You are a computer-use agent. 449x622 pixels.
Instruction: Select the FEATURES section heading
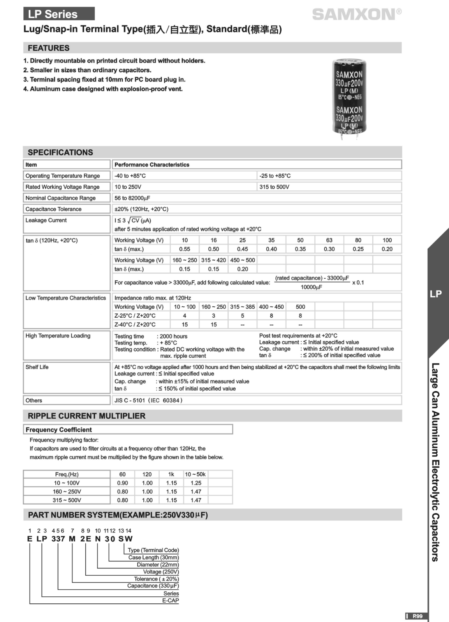click(48, 48)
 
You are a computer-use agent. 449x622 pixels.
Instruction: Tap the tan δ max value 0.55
click(185, 249)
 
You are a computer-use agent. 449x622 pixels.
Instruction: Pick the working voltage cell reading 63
click(329, 240)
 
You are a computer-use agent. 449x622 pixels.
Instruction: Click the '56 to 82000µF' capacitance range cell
click(132, 198)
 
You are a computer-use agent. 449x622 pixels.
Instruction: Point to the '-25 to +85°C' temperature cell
click(275, 176)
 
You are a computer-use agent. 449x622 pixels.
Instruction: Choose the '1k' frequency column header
click(171, 474)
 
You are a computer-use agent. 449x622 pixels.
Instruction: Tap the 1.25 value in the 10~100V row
click(196, 483)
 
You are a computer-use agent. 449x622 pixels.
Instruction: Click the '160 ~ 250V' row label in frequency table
click(67, 491)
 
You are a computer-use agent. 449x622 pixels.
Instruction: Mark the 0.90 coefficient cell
click(123, 483)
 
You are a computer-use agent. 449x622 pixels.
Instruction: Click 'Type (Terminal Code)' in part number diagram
click(153, 550)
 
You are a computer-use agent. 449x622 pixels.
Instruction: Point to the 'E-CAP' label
click(171, 601)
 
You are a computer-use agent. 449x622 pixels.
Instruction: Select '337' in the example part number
click(58, 539)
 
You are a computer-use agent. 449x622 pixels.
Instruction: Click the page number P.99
click(417, 616)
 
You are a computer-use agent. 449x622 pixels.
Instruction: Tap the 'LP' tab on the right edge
click(436, 294)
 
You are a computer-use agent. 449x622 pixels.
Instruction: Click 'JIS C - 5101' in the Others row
click(130, 400)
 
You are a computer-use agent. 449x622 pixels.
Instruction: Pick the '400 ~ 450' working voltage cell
click(271, 307)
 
